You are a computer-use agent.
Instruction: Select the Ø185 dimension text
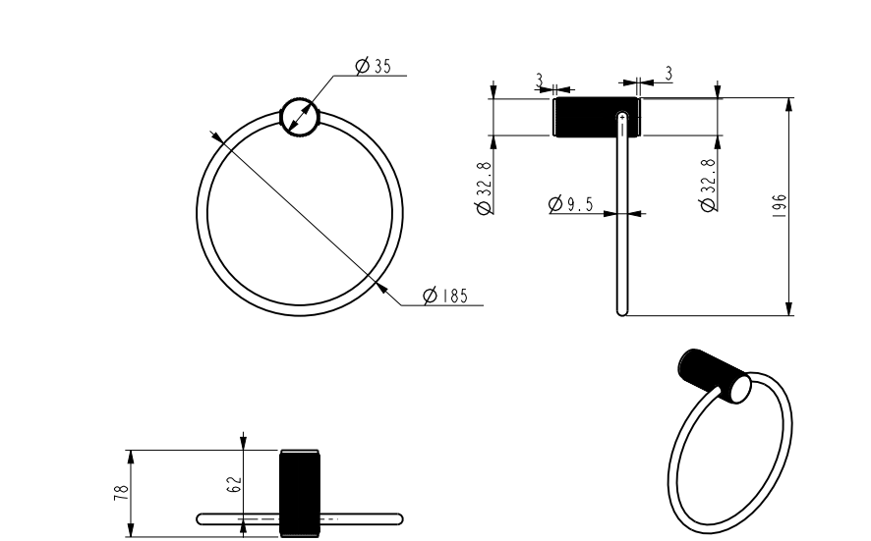[444, 296]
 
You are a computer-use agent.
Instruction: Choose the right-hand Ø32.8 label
[708, 183]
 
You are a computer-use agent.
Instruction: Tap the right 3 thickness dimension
[668, 73]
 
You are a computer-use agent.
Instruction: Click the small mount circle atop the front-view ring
[300, 117]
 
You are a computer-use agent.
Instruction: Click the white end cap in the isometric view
[737, 389]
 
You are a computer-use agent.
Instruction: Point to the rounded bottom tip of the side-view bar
[621, 311]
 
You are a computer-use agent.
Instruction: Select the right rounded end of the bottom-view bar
[398, 517]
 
